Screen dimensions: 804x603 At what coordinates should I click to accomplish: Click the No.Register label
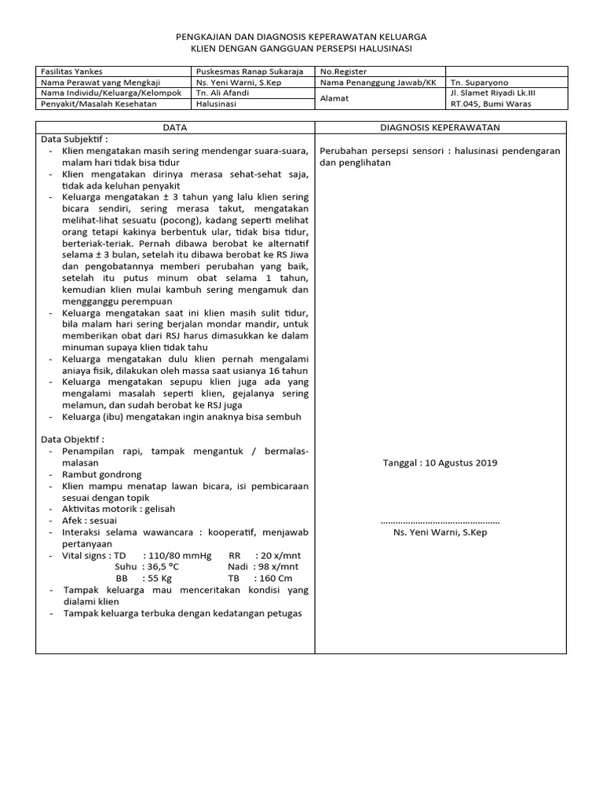pyautogui.click(x=343, y=71)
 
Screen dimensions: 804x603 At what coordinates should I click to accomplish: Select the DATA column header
pyautogui.click(x=175, y=126)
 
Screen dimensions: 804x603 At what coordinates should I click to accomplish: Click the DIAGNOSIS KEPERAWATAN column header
pyautogui.click(x=440, y=126)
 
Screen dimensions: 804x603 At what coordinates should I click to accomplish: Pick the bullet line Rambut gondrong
pyautogui.click(x=102, y=475)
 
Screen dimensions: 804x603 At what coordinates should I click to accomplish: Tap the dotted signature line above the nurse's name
pyautogui.click(x=440, y=521)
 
